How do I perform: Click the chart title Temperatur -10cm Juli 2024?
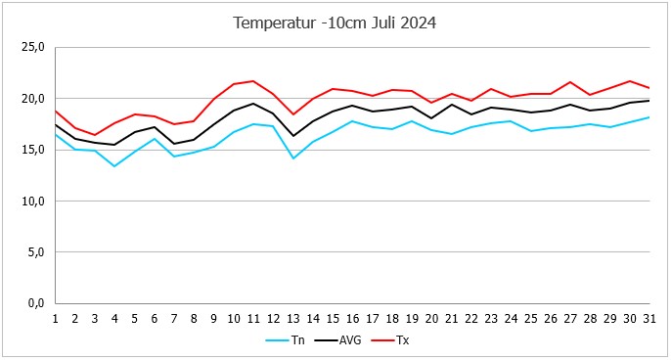click(335, 22)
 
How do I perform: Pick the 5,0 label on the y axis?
click(35, 252)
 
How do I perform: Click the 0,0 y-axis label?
click(35, 304)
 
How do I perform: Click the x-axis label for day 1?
click(55, 319)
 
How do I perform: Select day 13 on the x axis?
click(292, 319)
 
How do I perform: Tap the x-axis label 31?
click(649, 319)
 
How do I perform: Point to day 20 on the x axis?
click(431, 319)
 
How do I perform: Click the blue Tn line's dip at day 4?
click(114, 165)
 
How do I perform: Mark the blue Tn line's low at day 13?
click(292, 157)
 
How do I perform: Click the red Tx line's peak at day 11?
click(252, 81)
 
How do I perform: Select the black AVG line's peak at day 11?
click(252, 104)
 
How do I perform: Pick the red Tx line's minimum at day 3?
click(95, 135)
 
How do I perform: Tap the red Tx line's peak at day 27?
click(569, 82)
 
